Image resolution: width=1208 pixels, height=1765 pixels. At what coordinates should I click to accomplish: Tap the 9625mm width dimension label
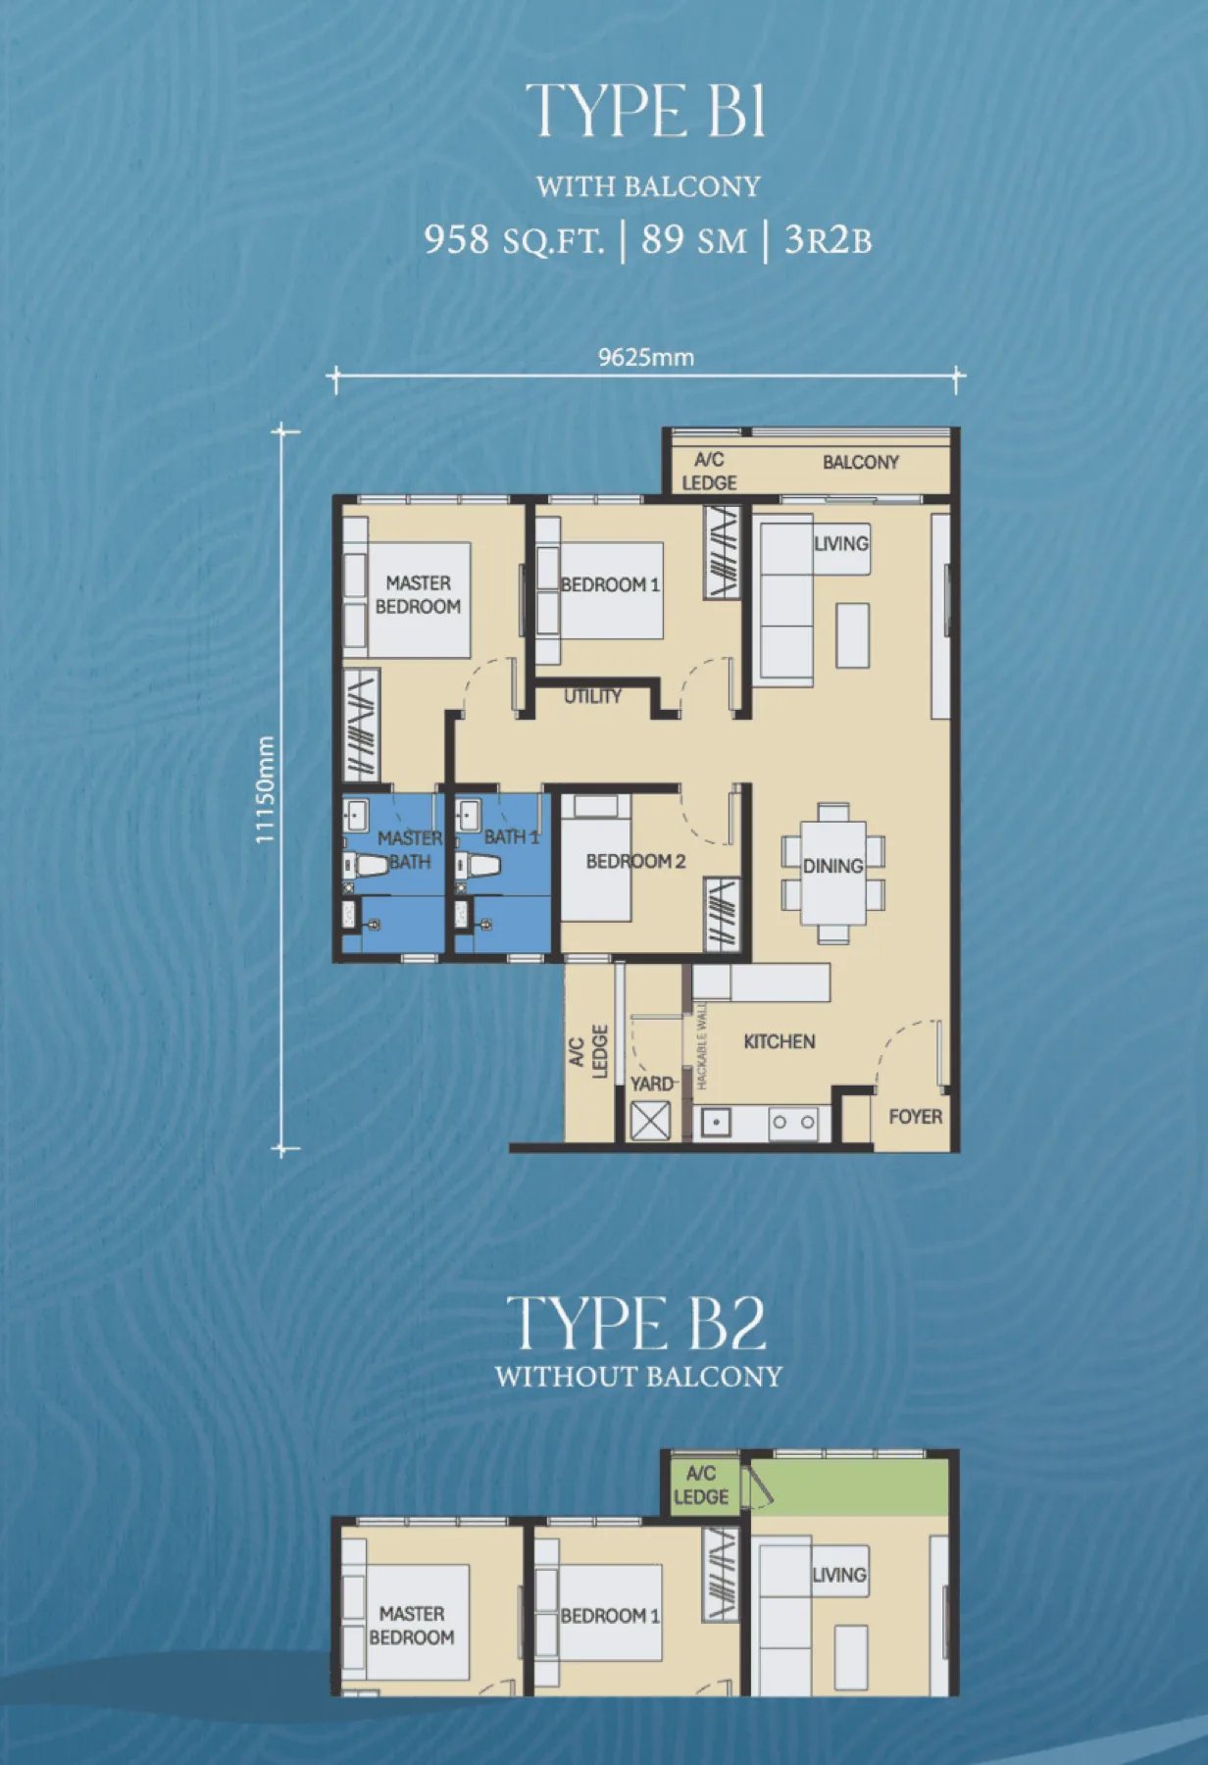click(x=646, y=357)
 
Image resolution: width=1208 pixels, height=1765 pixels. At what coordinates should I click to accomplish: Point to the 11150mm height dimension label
click(x=265, y=789)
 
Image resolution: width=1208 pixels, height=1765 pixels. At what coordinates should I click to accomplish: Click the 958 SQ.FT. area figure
click(x=514, y=239)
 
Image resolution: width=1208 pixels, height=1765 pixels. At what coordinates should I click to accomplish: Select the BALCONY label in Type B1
click(x=860, y=462)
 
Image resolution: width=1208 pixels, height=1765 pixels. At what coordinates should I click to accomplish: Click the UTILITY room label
click(x=592, y=696)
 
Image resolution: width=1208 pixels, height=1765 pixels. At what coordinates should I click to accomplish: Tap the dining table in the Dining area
click(x=833, y=873)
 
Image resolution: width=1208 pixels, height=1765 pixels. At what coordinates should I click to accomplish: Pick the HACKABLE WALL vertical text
click(x=702, y=1046)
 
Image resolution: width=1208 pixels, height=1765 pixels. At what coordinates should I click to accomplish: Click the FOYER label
click(x=915, y=1116)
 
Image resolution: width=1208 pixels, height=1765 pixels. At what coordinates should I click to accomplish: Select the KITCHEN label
click(x=779, y=1041)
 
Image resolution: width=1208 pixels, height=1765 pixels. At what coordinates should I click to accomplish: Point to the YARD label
click(x=651, y=1084)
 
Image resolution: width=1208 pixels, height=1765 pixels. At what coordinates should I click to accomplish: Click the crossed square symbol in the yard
click(x=650, y=1121)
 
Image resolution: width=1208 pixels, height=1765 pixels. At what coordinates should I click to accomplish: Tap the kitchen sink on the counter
click(x=716, y=1123)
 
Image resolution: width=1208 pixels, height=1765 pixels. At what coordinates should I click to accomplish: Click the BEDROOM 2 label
click(x=635, y=861)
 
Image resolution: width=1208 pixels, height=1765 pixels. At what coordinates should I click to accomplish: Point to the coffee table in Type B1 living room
click(x=852, y=635)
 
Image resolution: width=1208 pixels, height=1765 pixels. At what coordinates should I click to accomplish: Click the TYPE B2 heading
click(x=636, y=1324)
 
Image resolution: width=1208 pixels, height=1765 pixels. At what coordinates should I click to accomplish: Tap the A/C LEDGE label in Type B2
click(x=700, y=1485)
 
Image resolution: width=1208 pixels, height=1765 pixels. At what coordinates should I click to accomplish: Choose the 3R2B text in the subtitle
click(x=828, y=239)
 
